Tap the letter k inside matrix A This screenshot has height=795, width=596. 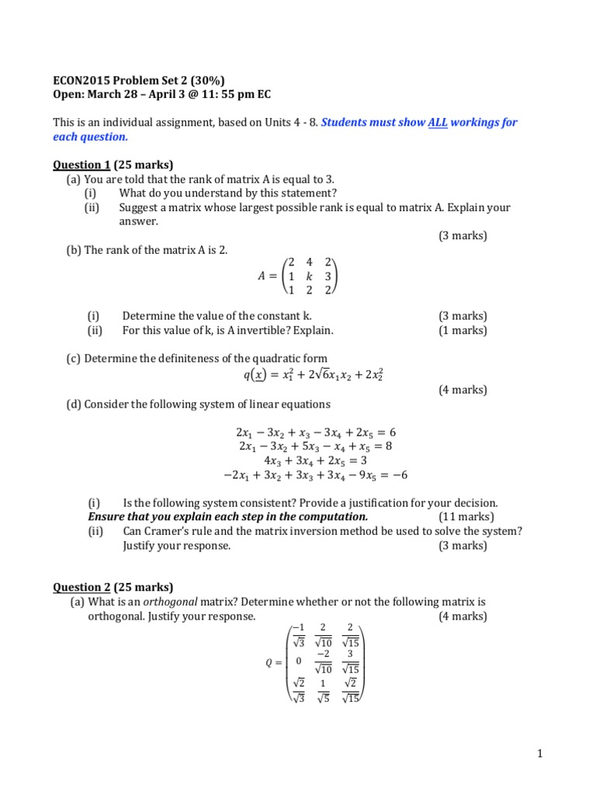[309, 276]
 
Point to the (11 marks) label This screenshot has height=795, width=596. [466, 517]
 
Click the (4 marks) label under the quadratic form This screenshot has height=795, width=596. [463, 391]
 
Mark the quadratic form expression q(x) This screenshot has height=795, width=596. [314, 376]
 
